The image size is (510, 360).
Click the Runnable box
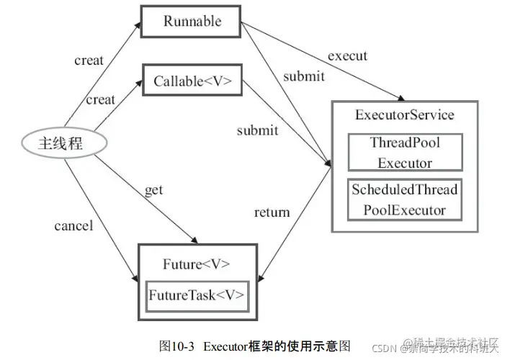click(x=190, y=22)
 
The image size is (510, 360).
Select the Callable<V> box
click(x=190, y=81)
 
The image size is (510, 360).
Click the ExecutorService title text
click(x=404, y=115)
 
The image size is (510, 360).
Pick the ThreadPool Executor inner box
click(x=404, y=152)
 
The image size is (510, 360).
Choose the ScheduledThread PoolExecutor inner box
click(x=404, y=199)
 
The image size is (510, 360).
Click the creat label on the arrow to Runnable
click(x=89, y=60)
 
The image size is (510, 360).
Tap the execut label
click(x=347, y=55)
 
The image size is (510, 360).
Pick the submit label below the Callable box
click(x=257, y=130)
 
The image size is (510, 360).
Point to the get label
click(x=153, y=190)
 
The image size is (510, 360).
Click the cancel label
click(x=73, y=226)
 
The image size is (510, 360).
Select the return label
click(x=272, y=212)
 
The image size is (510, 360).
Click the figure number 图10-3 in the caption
click(x=176, y=346)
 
